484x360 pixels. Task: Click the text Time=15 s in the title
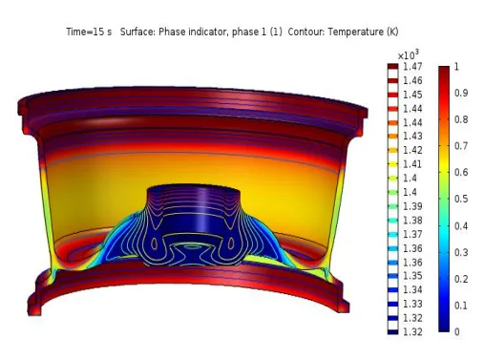pos(89,32)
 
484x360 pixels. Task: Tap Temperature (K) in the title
pos(363,32)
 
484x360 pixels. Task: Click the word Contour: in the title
pos(306,32)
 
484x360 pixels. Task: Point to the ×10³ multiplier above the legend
pos(409,54)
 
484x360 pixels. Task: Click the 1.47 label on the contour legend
pos(412,67)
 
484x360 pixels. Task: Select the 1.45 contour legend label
pos(412,95)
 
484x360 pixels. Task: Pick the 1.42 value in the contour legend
pos(412,150)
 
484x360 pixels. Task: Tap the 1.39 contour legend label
pos(412,206)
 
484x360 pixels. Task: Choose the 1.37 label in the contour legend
pos(412,234)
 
